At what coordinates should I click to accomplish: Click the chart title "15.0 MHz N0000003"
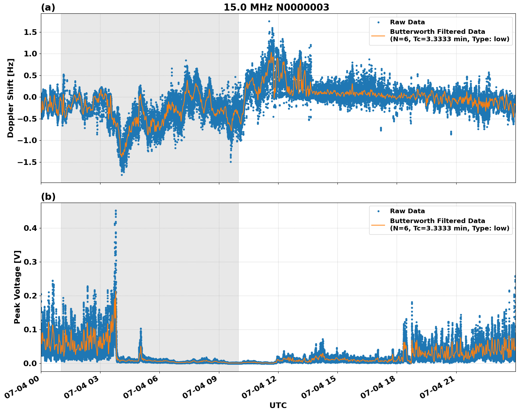click(276, 7)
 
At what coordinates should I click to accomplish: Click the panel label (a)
click(48, 7)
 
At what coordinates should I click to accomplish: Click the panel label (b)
click(48, 197)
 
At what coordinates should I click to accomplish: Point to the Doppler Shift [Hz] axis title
click(11, 98)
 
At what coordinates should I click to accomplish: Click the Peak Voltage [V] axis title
click(17, 287)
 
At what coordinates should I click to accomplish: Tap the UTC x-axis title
click(278, 405)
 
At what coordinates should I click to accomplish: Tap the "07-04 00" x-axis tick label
click(22, 389)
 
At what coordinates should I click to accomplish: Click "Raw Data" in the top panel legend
click(407, 22)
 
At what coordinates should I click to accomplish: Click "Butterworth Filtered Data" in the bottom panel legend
click(437, 221)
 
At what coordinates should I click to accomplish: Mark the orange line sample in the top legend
click(378, 35)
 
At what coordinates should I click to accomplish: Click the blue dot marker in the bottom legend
click(378, 211)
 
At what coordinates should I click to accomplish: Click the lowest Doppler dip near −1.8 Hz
click(122, 174)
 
